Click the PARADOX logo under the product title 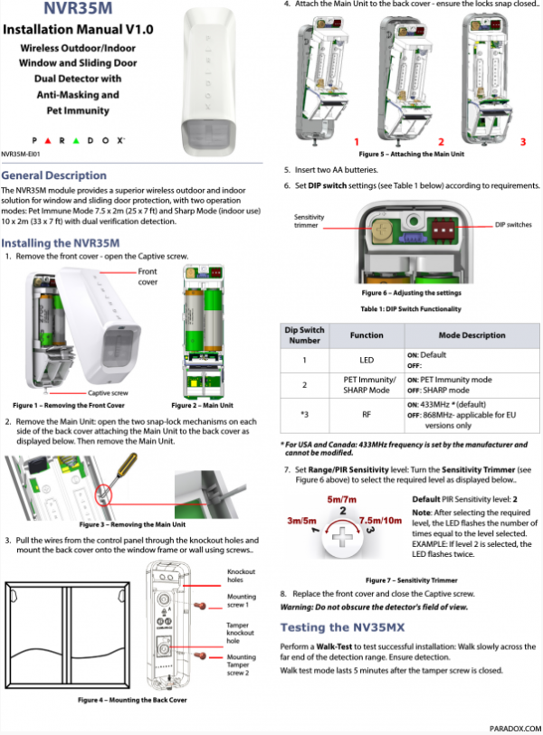[77, 142]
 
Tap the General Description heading [53, 175]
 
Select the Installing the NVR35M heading [61, 243]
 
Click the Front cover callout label [148, 277]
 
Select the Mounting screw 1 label [242, 601]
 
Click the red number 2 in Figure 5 [441, 142]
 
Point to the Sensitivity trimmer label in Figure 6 [310, 221]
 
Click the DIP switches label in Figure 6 [513, 223]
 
